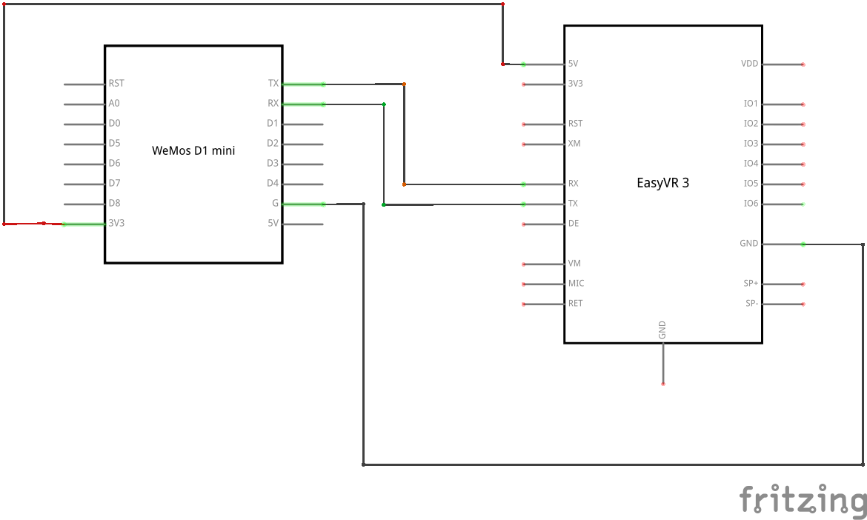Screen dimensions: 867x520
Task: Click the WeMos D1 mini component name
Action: pos(193,150)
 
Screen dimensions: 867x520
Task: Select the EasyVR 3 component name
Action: pos(663,183)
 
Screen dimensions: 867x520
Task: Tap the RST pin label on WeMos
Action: pos(116,84)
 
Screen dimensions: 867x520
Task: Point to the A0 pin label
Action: pos(114,104)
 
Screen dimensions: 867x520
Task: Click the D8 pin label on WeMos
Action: pos(114,203)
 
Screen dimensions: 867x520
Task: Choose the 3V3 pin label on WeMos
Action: pos(116,223)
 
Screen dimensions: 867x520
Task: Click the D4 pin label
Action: pos(273,183)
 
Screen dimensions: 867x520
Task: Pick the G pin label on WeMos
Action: pos(275,204)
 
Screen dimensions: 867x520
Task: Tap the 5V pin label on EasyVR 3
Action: pos(573,64)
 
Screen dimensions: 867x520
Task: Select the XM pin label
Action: pos(574,143)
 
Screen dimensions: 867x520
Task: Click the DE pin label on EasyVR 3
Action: pos(574,223)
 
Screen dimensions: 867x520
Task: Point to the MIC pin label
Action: pos(576,283)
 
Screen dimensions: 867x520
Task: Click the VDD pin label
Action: pos(750,64)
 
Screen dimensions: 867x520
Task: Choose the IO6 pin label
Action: pos(751,204)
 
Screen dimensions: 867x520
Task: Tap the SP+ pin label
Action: pos(751,283)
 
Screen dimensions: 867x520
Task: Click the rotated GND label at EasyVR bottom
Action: pos(662,330)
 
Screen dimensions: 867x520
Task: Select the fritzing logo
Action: pos(803,499)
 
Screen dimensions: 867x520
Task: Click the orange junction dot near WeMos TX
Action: pos(404,84)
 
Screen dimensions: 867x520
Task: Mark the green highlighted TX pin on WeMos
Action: pos(303,84)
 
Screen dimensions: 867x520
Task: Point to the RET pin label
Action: pos(575,303)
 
